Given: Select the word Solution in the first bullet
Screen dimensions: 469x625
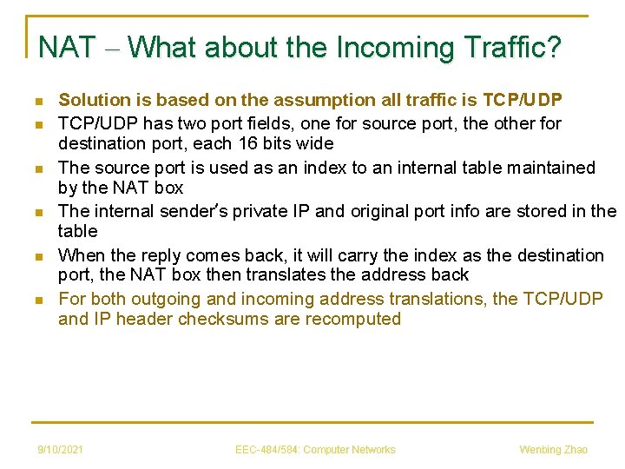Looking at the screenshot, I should point(91,101).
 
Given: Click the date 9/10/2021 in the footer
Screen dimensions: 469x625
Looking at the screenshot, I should point(61,449).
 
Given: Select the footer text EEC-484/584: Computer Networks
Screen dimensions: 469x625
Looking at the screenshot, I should point(315,449).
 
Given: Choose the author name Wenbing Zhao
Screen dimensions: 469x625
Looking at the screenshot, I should point(553,449).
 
